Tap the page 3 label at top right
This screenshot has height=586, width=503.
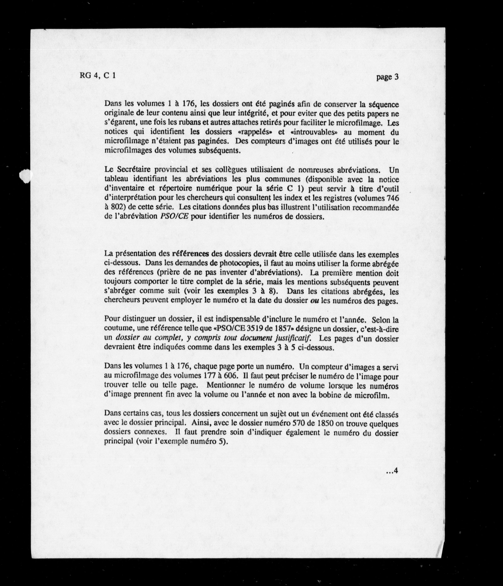pos(387,77)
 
